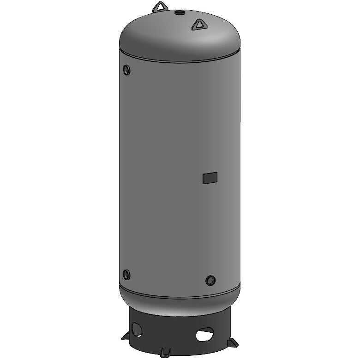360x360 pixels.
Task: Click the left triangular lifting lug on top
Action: click(159, 7)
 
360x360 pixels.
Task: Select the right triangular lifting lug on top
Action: click(199, 24)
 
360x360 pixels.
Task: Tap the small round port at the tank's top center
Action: click(180, 13)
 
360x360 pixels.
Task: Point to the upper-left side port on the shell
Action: click(127, 70)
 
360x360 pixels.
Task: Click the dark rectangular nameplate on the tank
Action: click(210, 178)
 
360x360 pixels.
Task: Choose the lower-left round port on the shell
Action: click(126, 275)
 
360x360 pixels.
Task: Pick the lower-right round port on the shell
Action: click(210, 280)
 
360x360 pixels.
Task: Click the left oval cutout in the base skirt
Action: click(137, 329)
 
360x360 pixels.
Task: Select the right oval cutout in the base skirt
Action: click(204, 334)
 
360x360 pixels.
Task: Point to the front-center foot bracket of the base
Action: click(165, 354)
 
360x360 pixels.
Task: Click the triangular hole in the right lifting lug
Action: click(199, 24)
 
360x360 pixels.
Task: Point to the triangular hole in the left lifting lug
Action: click(160, 7)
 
